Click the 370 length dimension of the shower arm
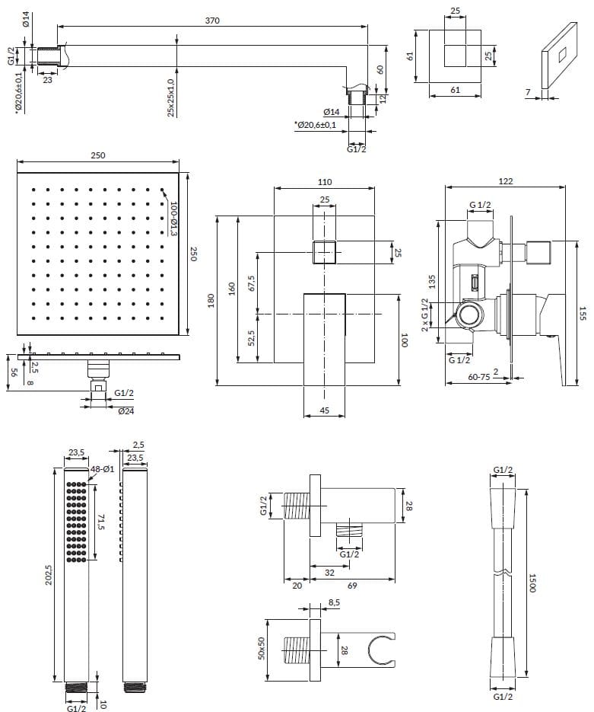point(212,21)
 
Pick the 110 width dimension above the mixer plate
point(325,182)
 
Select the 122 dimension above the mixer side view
point(506,181)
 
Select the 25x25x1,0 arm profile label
point(171,97)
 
